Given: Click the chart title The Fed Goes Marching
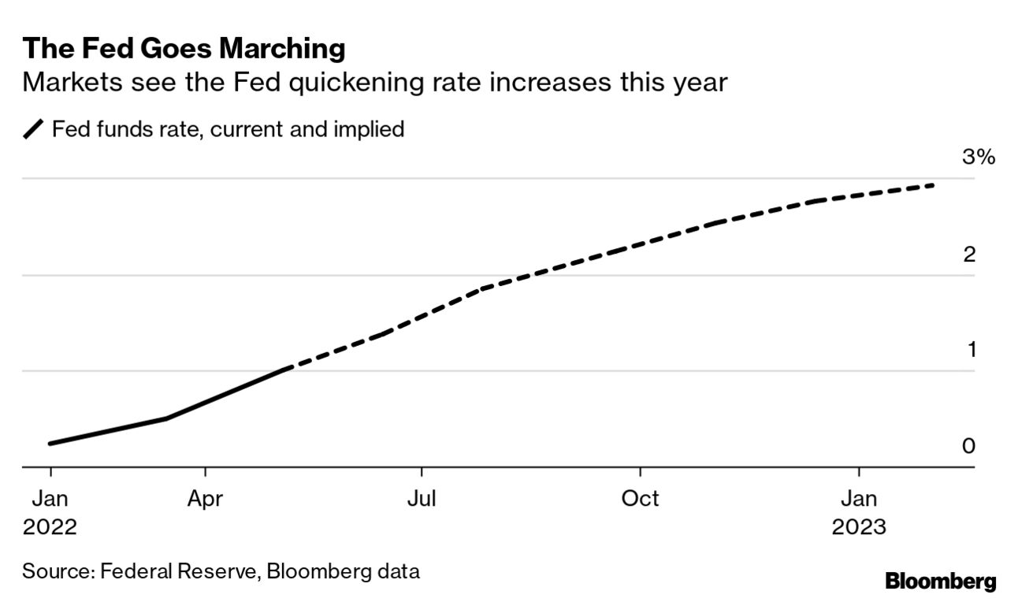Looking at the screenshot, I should point(184,49).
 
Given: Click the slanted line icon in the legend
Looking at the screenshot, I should point(34,129).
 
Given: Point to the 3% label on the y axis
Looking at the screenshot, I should point(979,158).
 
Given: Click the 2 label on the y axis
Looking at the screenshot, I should point(969,254).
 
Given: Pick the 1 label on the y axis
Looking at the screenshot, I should point(971,349).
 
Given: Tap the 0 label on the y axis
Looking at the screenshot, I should point(969,445).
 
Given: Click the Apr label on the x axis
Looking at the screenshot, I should point(206,499).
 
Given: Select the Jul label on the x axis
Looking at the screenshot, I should point(422,499).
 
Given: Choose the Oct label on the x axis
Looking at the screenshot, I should point(640,499).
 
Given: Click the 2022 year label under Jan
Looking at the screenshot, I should point(50,527).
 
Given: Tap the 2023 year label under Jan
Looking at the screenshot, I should point(858,527).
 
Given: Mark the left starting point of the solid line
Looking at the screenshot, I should point(50,444).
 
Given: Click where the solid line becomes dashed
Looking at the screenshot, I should point(285,369).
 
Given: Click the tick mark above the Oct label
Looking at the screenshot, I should point(640,472).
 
